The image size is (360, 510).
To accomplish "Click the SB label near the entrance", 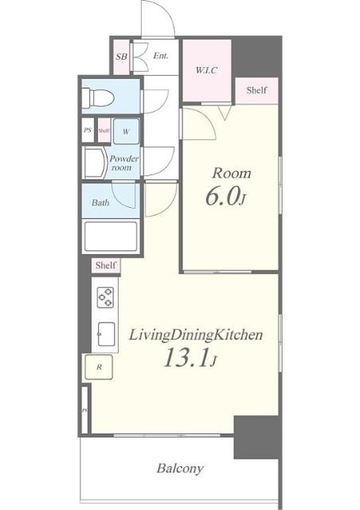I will point(121,57).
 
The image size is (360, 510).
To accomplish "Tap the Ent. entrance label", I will point(160,56).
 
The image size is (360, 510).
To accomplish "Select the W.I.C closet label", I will point(206,69).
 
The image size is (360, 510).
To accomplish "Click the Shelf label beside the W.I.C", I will point(256,90).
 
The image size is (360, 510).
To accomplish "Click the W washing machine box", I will point(127,130).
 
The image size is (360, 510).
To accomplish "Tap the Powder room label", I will point(125,163).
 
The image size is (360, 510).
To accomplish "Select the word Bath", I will point(100,202).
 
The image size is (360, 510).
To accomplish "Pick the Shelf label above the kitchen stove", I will point(105,265).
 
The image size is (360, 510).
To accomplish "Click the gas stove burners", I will point(106,297).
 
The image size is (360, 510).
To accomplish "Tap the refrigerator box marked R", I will point(99,367).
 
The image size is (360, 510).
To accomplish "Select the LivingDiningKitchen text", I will point(195,335).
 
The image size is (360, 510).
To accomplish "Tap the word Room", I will point(231,172).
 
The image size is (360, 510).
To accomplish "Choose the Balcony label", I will point(179,469).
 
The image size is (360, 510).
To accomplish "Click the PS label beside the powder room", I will point(87,130).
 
